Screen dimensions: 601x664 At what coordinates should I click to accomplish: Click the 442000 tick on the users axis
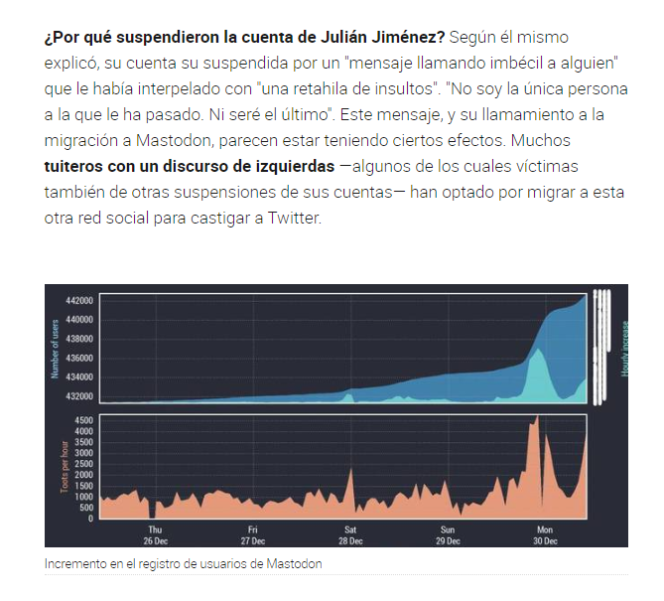pos(79,300)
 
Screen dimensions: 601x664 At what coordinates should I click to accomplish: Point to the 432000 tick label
pos(79,395)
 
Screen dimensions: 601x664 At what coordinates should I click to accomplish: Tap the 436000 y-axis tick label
pos(79,358)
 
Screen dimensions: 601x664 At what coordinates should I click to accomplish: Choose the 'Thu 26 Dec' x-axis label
pos(155,535)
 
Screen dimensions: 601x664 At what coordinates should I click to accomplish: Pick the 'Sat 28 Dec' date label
pos(350,535)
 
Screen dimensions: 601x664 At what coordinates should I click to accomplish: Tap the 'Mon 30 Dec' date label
pos(545,535)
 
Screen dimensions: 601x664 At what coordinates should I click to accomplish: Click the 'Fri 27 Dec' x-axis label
pos(253,535)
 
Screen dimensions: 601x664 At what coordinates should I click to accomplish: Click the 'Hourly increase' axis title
pos(626,348)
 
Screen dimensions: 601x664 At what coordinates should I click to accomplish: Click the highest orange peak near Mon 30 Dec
pos(536,418)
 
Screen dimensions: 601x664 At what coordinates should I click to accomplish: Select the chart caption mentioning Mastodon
pos(184,563)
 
